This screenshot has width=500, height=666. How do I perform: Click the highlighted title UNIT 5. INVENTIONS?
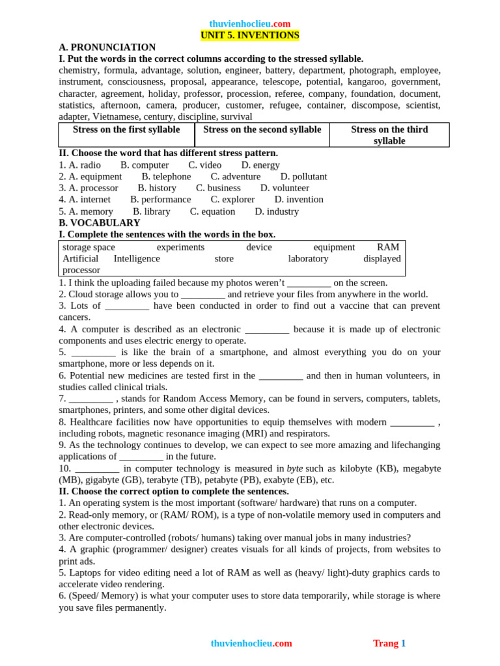(250, 35)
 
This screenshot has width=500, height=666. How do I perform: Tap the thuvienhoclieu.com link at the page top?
(250, 23)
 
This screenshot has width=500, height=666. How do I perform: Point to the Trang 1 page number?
(389, 643)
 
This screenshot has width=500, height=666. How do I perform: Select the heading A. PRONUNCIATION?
(107, 47)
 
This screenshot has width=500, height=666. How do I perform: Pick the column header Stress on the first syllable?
(126, 129)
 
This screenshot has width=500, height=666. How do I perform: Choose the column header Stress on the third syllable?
(389, 135)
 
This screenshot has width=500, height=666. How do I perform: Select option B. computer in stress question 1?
(145, 165)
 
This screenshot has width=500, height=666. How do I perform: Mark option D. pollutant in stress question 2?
(303, 176)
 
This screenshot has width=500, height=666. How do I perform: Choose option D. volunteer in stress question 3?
(285, 188)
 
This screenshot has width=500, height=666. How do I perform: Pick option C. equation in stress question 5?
(212, 211)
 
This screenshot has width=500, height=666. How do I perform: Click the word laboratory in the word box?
(308, 258)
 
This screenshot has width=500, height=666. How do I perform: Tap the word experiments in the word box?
(180, 247)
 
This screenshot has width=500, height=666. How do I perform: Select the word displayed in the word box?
(382, 258)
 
